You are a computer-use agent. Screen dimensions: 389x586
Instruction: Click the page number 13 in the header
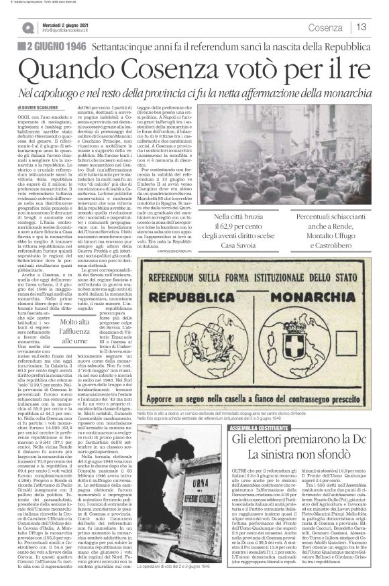pos(362,27)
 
